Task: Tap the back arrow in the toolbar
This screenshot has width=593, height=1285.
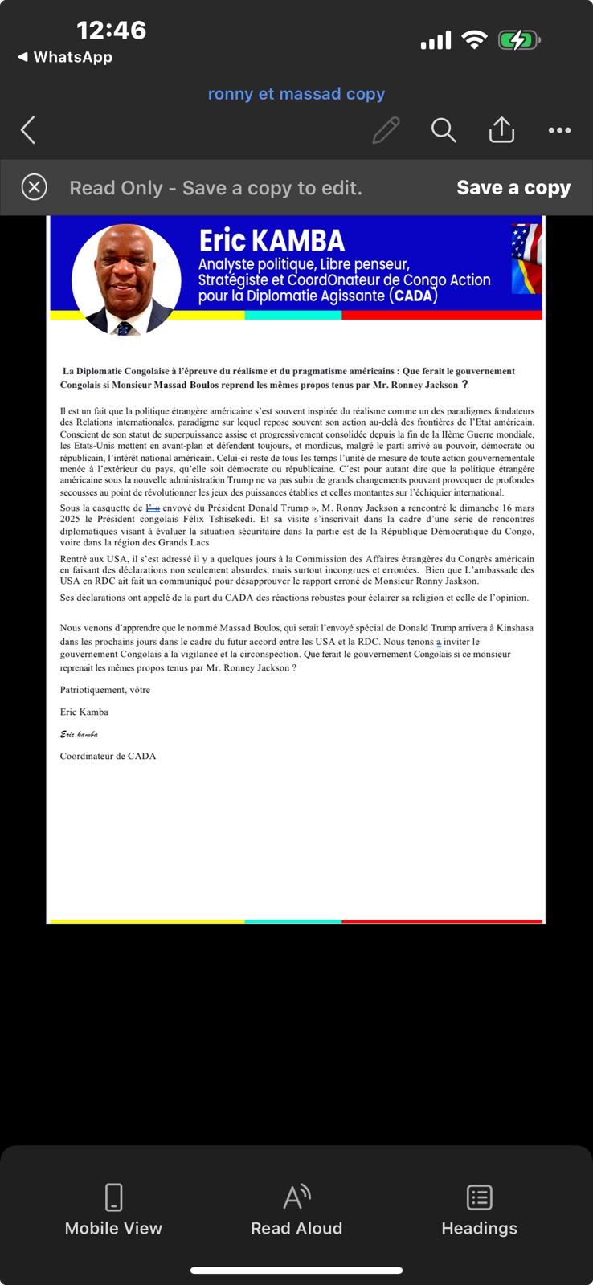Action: tap(28, 130)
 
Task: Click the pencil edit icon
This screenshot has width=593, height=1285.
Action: tap(386, 130)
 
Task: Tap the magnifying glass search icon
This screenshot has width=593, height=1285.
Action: tap(444, 130)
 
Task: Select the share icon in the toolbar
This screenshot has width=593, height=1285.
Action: tap(501, 129)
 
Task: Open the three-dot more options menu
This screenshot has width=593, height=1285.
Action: tap(559, 130)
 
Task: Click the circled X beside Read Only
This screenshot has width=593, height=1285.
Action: tap(34, 188)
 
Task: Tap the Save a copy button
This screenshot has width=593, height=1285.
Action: tap(513, 188)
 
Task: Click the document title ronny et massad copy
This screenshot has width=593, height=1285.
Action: tap(296, 94)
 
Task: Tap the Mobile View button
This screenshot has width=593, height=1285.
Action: tap(113, 1210)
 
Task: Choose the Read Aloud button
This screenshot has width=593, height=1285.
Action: tap(296, 1210)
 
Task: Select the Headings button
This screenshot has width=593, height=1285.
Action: tap(479, 1210)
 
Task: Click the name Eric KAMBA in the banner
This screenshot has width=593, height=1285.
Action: tap(272, 241)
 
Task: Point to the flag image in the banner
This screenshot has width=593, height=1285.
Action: tap(526, 259)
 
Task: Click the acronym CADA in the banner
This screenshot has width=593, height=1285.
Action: tap(414, 296)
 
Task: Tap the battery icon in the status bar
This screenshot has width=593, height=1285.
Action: tap(519, 40)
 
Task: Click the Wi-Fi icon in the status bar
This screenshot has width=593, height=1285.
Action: tap(475, 40)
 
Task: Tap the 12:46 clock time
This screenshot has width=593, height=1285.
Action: tap(111, 31)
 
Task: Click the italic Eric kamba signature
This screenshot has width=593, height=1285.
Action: tap(79, 734)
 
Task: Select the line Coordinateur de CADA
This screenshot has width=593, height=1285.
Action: tap(108, 756)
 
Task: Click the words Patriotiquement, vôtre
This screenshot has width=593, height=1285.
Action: tap(104, 690)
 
